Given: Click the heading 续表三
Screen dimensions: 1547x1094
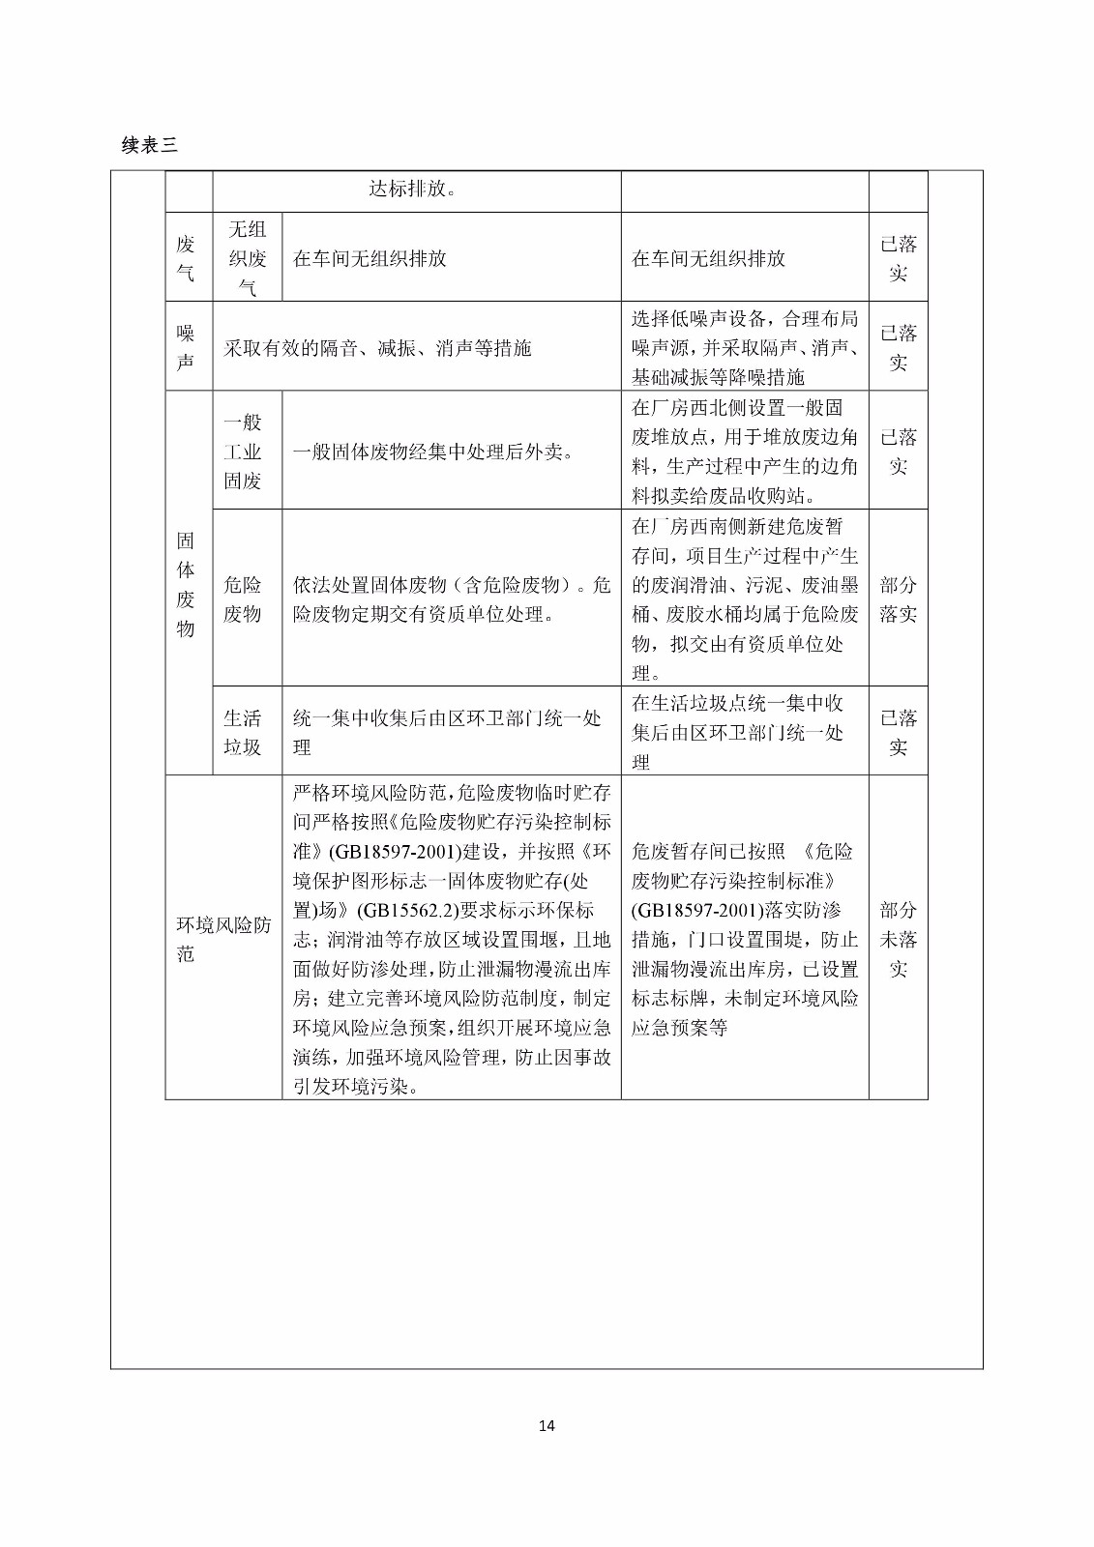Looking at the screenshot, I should [x=150, y=145].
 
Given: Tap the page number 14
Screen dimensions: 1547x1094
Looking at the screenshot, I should [x=547, y=1425].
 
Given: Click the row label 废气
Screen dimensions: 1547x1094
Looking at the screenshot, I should [x=186, y=258].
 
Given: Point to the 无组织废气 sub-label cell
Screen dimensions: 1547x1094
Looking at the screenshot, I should [x=247, y=258].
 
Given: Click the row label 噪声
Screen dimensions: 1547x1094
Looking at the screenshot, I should [x=186, y=347].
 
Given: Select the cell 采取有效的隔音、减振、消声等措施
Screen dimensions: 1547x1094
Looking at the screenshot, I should [x=378, y=348].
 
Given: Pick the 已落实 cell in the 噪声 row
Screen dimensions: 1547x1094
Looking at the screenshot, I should [x=898, y=347].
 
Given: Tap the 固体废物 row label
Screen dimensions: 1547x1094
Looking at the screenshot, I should [x=186, y=584].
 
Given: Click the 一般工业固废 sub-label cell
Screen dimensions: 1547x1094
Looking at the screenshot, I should [x=243, y=451].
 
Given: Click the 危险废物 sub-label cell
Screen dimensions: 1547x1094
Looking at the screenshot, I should [x=243, y=598].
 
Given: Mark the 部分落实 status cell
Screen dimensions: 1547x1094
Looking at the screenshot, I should [x=898, y=598].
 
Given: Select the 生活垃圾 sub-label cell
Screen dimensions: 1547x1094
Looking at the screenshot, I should [x=243, y=732].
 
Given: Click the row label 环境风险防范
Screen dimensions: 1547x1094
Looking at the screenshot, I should [x=222, y=939].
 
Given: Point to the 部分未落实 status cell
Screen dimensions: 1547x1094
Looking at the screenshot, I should [x=898, y=939].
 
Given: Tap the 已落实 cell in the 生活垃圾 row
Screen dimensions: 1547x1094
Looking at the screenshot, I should [x=898, y=732].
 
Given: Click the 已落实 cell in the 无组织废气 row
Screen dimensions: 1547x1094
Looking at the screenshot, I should [x=898, y=258].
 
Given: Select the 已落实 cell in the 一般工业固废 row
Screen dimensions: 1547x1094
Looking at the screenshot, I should [x=898, y=452].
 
